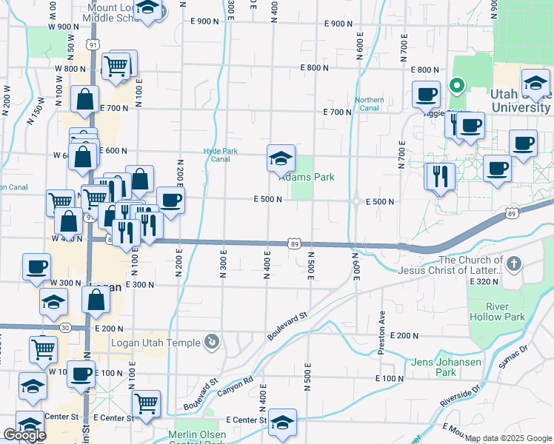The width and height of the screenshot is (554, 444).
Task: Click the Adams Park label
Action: click(307, 178)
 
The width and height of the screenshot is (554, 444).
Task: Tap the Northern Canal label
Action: click(369, 104)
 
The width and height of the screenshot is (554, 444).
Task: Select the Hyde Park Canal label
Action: click(221, 155)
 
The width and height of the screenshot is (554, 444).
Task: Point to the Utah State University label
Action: click(521, 101)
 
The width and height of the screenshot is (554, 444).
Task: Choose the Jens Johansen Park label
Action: click(446, 367)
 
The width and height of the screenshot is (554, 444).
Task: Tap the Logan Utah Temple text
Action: click(156, 343)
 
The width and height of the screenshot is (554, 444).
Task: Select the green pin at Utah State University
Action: click(457, 86)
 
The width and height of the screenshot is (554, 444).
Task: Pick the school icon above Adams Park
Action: click(281, 158)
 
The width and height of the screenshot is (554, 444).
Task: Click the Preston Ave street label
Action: click(383, 321)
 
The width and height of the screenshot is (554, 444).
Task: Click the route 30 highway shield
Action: click(66, 327)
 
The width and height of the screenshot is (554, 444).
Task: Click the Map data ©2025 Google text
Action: click(508, 439)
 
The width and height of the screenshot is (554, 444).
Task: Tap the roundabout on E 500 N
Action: click(356, 201)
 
